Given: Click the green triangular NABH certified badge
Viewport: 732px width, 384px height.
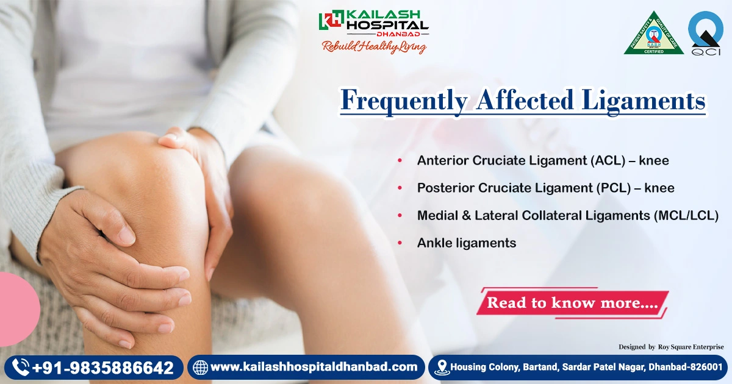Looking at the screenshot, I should [653, 34].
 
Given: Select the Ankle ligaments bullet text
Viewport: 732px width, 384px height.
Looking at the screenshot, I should [467, 243].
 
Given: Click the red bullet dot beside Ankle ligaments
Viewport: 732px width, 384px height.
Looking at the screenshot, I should [400, 243].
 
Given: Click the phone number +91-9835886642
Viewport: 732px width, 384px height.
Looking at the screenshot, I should [103, 368].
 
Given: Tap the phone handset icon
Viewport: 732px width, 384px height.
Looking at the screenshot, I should [21, 368].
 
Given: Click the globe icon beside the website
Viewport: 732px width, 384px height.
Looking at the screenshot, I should [200, 368].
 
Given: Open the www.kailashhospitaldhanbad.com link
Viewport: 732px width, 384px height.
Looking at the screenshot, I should [314, 368].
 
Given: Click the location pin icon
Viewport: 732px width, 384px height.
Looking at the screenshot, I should [442, 368].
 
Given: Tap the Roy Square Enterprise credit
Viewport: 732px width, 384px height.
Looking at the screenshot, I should [691, 347].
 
